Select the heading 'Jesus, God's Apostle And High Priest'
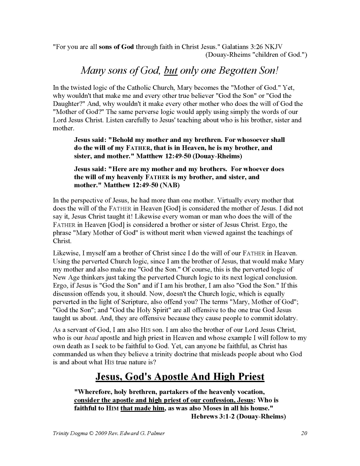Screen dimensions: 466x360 click(x=180, y=377)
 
